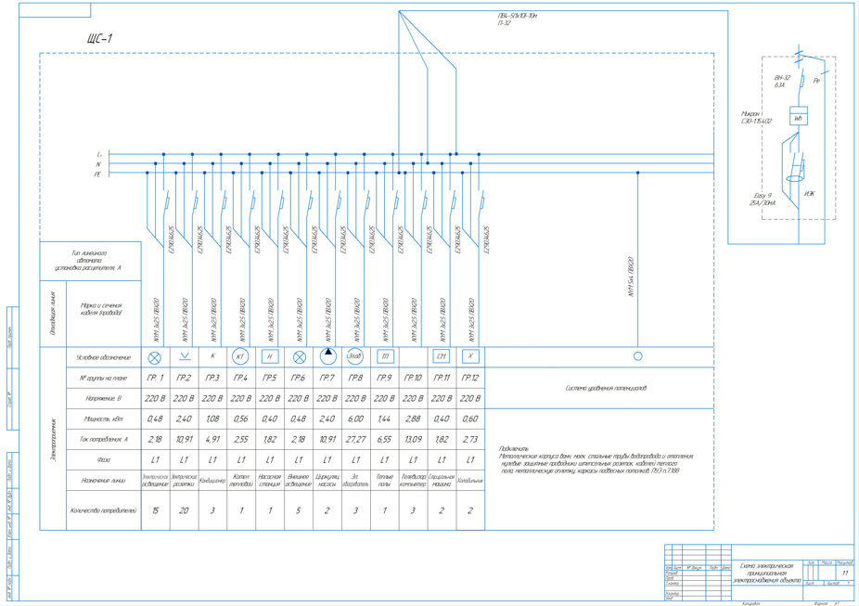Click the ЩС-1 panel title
(x=98, y=39)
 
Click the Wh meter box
(x=798, y=118)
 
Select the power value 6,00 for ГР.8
(x=355, y=419)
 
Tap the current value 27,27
(x=355, y=439)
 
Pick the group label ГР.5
(x=270, y=378)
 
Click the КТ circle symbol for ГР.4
(x=240, y=356)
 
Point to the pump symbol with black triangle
(x=327, y=355)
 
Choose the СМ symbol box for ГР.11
(x=442, y=356)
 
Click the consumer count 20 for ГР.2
(x=184, y=510)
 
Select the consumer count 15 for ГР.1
(x=155, y=510)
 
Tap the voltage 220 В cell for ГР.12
(x=470, y=398)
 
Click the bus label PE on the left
(x=97, y=174)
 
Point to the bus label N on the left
(x=98, y=164)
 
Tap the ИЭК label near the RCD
(x=810, y=194)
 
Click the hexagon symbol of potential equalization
(x=637, y=356)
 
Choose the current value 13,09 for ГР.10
(x=413, y=439)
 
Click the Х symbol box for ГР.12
(x=470, y=356)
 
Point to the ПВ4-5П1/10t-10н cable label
(x=518, y=16)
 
